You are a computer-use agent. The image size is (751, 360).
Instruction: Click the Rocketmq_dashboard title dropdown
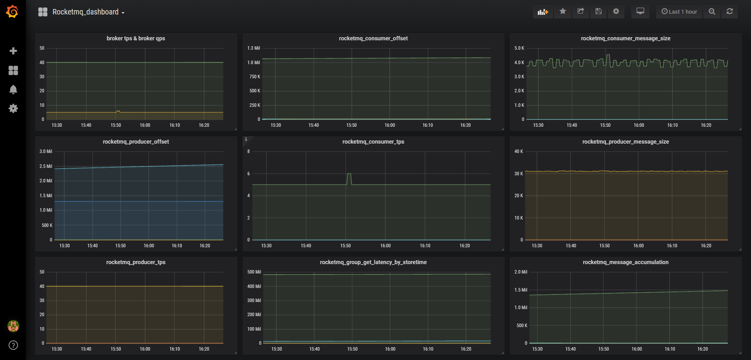click(x=85, y=12)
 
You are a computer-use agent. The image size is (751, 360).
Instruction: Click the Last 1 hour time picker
click(x=679, y=12)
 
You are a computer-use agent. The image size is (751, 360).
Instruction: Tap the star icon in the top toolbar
click(x=562, y=11)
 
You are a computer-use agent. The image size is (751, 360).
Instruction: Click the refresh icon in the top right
click(x=729, y=11)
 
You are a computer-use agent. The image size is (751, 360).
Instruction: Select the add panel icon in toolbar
click(x=543, y=12)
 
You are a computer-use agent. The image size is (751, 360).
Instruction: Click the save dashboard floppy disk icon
click(x=598, y=11)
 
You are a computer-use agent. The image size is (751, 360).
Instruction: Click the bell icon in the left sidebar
click(x=13, y=90)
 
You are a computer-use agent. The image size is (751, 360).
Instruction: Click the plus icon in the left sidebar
click(x=13, y=51)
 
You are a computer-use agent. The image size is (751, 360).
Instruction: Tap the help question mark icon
click(x=13, y=345)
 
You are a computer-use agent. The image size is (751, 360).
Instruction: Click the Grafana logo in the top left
click(x=13, y=12)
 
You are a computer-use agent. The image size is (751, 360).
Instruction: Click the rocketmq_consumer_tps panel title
click(x=373, y=142)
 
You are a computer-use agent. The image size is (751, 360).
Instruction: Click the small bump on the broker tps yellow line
click(x=118, y=112)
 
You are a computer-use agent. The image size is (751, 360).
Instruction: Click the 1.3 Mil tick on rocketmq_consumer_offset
click(x=253, y=48)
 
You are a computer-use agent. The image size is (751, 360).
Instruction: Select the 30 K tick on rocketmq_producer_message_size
click(x=518, y=174)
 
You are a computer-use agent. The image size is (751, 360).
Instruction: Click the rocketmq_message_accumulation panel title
click(x=625, y=262)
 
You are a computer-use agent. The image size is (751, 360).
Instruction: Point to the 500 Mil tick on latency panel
click(x=254, y=272)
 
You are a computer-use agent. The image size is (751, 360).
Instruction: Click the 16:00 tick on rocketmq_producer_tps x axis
click(x=145, y=349)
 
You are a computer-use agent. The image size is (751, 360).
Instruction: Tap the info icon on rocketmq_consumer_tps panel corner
click(x=246, y=139)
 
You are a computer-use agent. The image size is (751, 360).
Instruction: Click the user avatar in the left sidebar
click(x=13, y=326)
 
